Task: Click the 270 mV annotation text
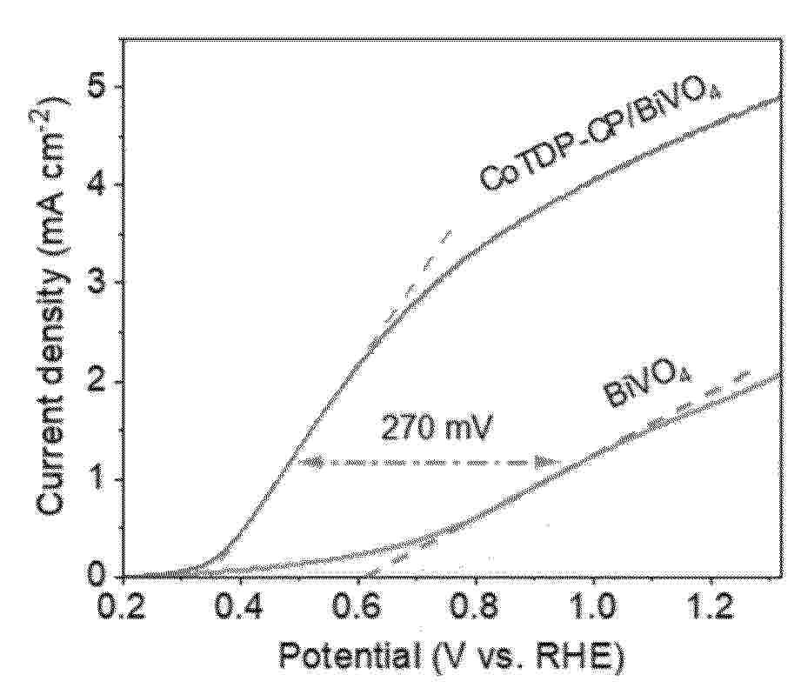[x=427, y=428]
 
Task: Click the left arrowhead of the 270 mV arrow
[x=304, y=462]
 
